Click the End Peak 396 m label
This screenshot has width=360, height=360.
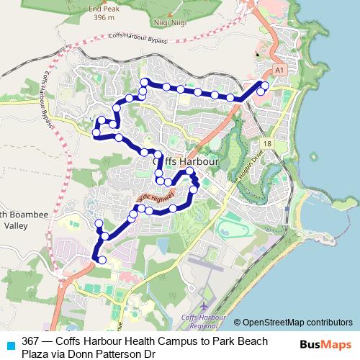tap(102, 13)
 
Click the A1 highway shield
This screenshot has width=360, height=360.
tap(279, 69)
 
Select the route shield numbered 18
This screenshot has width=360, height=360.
tap(267, 144)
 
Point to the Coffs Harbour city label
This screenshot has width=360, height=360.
tap(186, 163)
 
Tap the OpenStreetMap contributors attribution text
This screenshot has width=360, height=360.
tap(297, 322)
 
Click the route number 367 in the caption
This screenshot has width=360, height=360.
tap(30, 341)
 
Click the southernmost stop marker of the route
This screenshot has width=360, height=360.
tap(102, 260)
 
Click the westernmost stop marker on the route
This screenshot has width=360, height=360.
tap(96, 132)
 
